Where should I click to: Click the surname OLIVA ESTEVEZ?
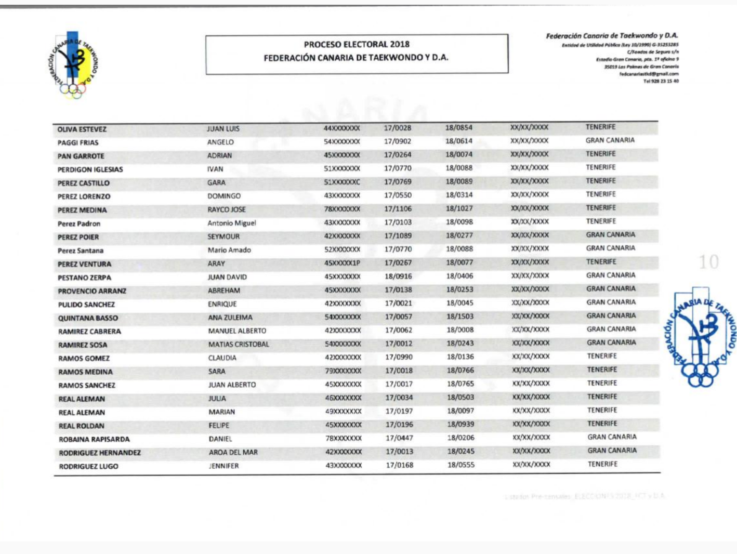82,129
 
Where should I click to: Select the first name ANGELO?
220,142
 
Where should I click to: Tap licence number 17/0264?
398,155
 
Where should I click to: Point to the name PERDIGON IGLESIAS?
90,169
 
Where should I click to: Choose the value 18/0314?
459,195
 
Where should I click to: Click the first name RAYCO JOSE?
227,209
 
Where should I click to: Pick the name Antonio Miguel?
232,223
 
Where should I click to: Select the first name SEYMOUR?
223,236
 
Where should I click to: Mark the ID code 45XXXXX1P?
342,263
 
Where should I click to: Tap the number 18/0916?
399,276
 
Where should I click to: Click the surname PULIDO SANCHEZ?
86,305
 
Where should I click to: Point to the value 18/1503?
460,316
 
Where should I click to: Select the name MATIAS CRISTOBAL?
239,345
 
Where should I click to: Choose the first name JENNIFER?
224,466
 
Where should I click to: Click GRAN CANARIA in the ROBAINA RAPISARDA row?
612,437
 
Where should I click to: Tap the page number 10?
708,262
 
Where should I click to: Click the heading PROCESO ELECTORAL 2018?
357,45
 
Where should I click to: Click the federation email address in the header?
649,74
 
